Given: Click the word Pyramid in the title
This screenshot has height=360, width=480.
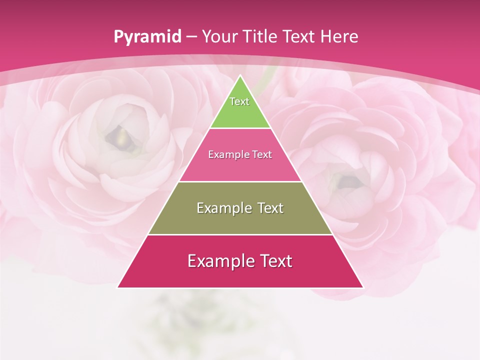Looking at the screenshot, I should (x=147, y=37).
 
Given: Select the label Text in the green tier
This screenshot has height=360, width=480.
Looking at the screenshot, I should (x=239, y=101).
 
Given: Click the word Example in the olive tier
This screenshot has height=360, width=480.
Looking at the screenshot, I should (x=222, y=208).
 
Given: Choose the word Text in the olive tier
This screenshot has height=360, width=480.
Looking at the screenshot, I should (x=270, y=208).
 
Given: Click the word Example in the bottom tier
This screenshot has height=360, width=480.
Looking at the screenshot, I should (x=219, y=261).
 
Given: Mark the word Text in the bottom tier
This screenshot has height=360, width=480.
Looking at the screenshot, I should (x=276, y=261).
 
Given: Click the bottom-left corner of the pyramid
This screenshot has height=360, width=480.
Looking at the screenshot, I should (x=118, y=287).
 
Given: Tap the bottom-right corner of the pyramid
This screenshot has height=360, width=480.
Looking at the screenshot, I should (x=362, y=287).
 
